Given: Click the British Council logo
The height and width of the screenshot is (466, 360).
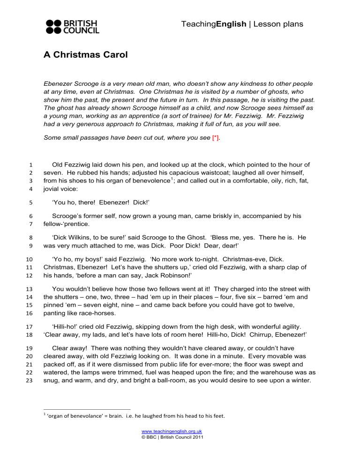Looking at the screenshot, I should [x=72, y=26].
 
